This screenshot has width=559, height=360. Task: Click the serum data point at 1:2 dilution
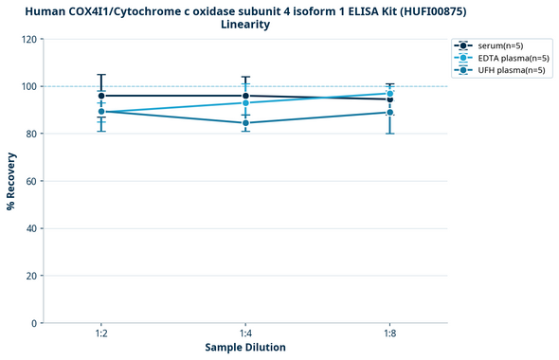[x=100, y=96]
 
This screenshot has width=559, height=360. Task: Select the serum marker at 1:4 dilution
[x=245, y=96]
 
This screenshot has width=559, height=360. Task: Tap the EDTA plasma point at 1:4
[x=245, y=102]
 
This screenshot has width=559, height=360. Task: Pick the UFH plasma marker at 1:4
[x=245, y=123]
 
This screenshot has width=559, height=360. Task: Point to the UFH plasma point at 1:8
[x=390, y=112]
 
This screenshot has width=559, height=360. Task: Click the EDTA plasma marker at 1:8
[x=390, y=93]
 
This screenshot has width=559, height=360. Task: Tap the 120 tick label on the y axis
[x=28, y=40]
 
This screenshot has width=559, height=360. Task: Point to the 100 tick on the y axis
[x=28, y=86]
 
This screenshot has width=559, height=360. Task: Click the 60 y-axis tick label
[x=31, y=181]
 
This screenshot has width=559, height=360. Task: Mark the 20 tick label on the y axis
[x=31, y=276]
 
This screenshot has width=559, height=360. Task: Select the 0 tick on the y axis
[x=34, y=323]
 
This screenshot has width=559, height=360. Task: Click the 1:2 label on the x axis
[x=100, y=333]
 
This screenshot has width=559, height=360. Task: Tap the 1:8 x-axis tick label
[x=390, y=333]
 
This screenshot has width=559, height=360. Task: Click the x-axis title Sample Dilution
[x=245, y=348]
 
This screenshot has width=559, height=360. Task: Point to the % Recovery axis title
[x=11, y=181]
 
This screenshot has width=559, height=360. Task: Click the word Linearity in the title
[x=245, y=25]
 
